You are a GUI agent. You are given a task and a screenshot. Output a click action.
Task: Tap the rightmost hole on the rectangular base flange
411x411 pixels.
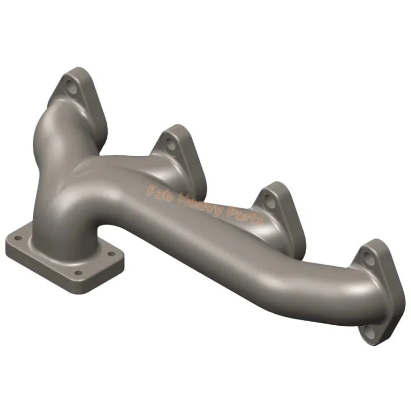pos(109,254)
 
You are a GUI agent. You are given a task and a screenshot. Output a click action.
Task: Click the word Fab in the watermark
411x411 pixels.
pos(158,191)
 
